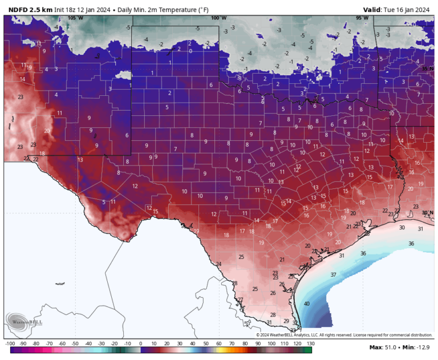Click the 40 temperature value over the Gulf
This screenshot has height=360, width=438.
(307, 304)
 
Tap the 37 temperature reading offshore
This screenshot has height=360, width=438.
(334, 274)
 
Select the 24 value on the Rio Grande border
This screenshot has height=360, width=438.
(219, 264)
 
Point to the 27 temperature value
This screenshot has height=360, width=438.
(240, 300)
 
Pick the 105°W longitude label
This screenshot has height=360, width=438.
(75, 18)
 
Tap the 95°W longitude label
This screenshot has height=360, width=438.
(362, 18)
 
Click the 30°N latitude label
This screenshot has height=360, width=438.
(427, 213)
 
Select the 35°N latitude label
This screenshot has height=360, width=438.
(427, 68)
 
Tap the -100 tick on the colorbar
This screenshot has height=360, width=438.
(10, 343)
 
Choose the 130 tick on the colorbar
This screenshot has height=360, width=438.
(310, 343)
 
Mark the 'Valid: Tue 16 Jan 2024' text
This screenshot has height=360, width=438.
(396, 9)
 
